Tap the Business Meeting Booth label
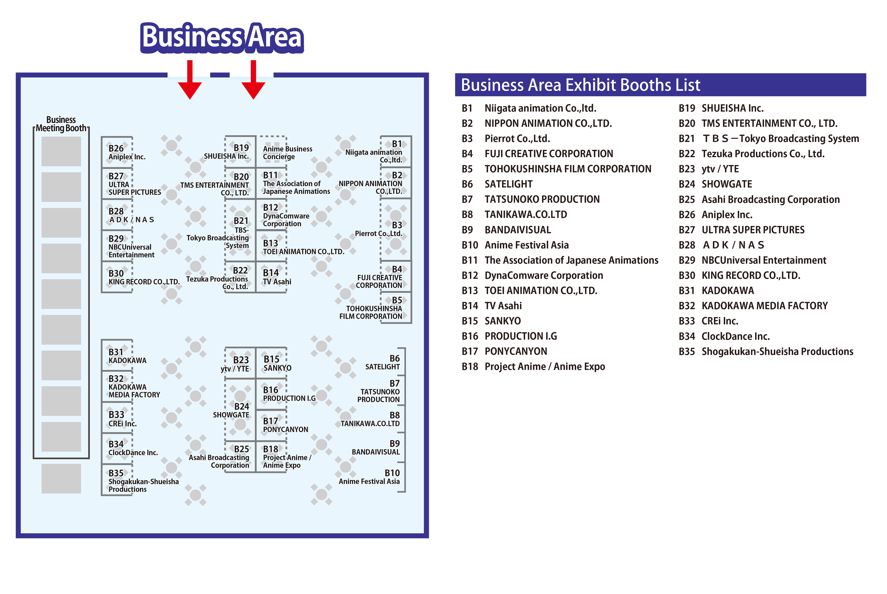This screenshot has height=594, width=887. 61,124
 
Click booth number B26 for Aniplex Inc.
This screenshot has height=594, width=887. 116,148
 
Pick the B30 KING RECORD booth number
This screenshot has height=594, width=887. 116,273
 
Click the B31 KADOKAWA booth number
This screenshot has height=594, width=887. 116,352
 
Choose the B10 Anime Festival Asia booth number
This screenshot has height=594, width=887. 392,473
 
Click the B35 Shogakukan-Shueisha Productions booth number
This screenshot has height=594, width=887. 116,473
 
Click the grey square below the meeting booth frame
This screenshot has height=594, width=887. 61,479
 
